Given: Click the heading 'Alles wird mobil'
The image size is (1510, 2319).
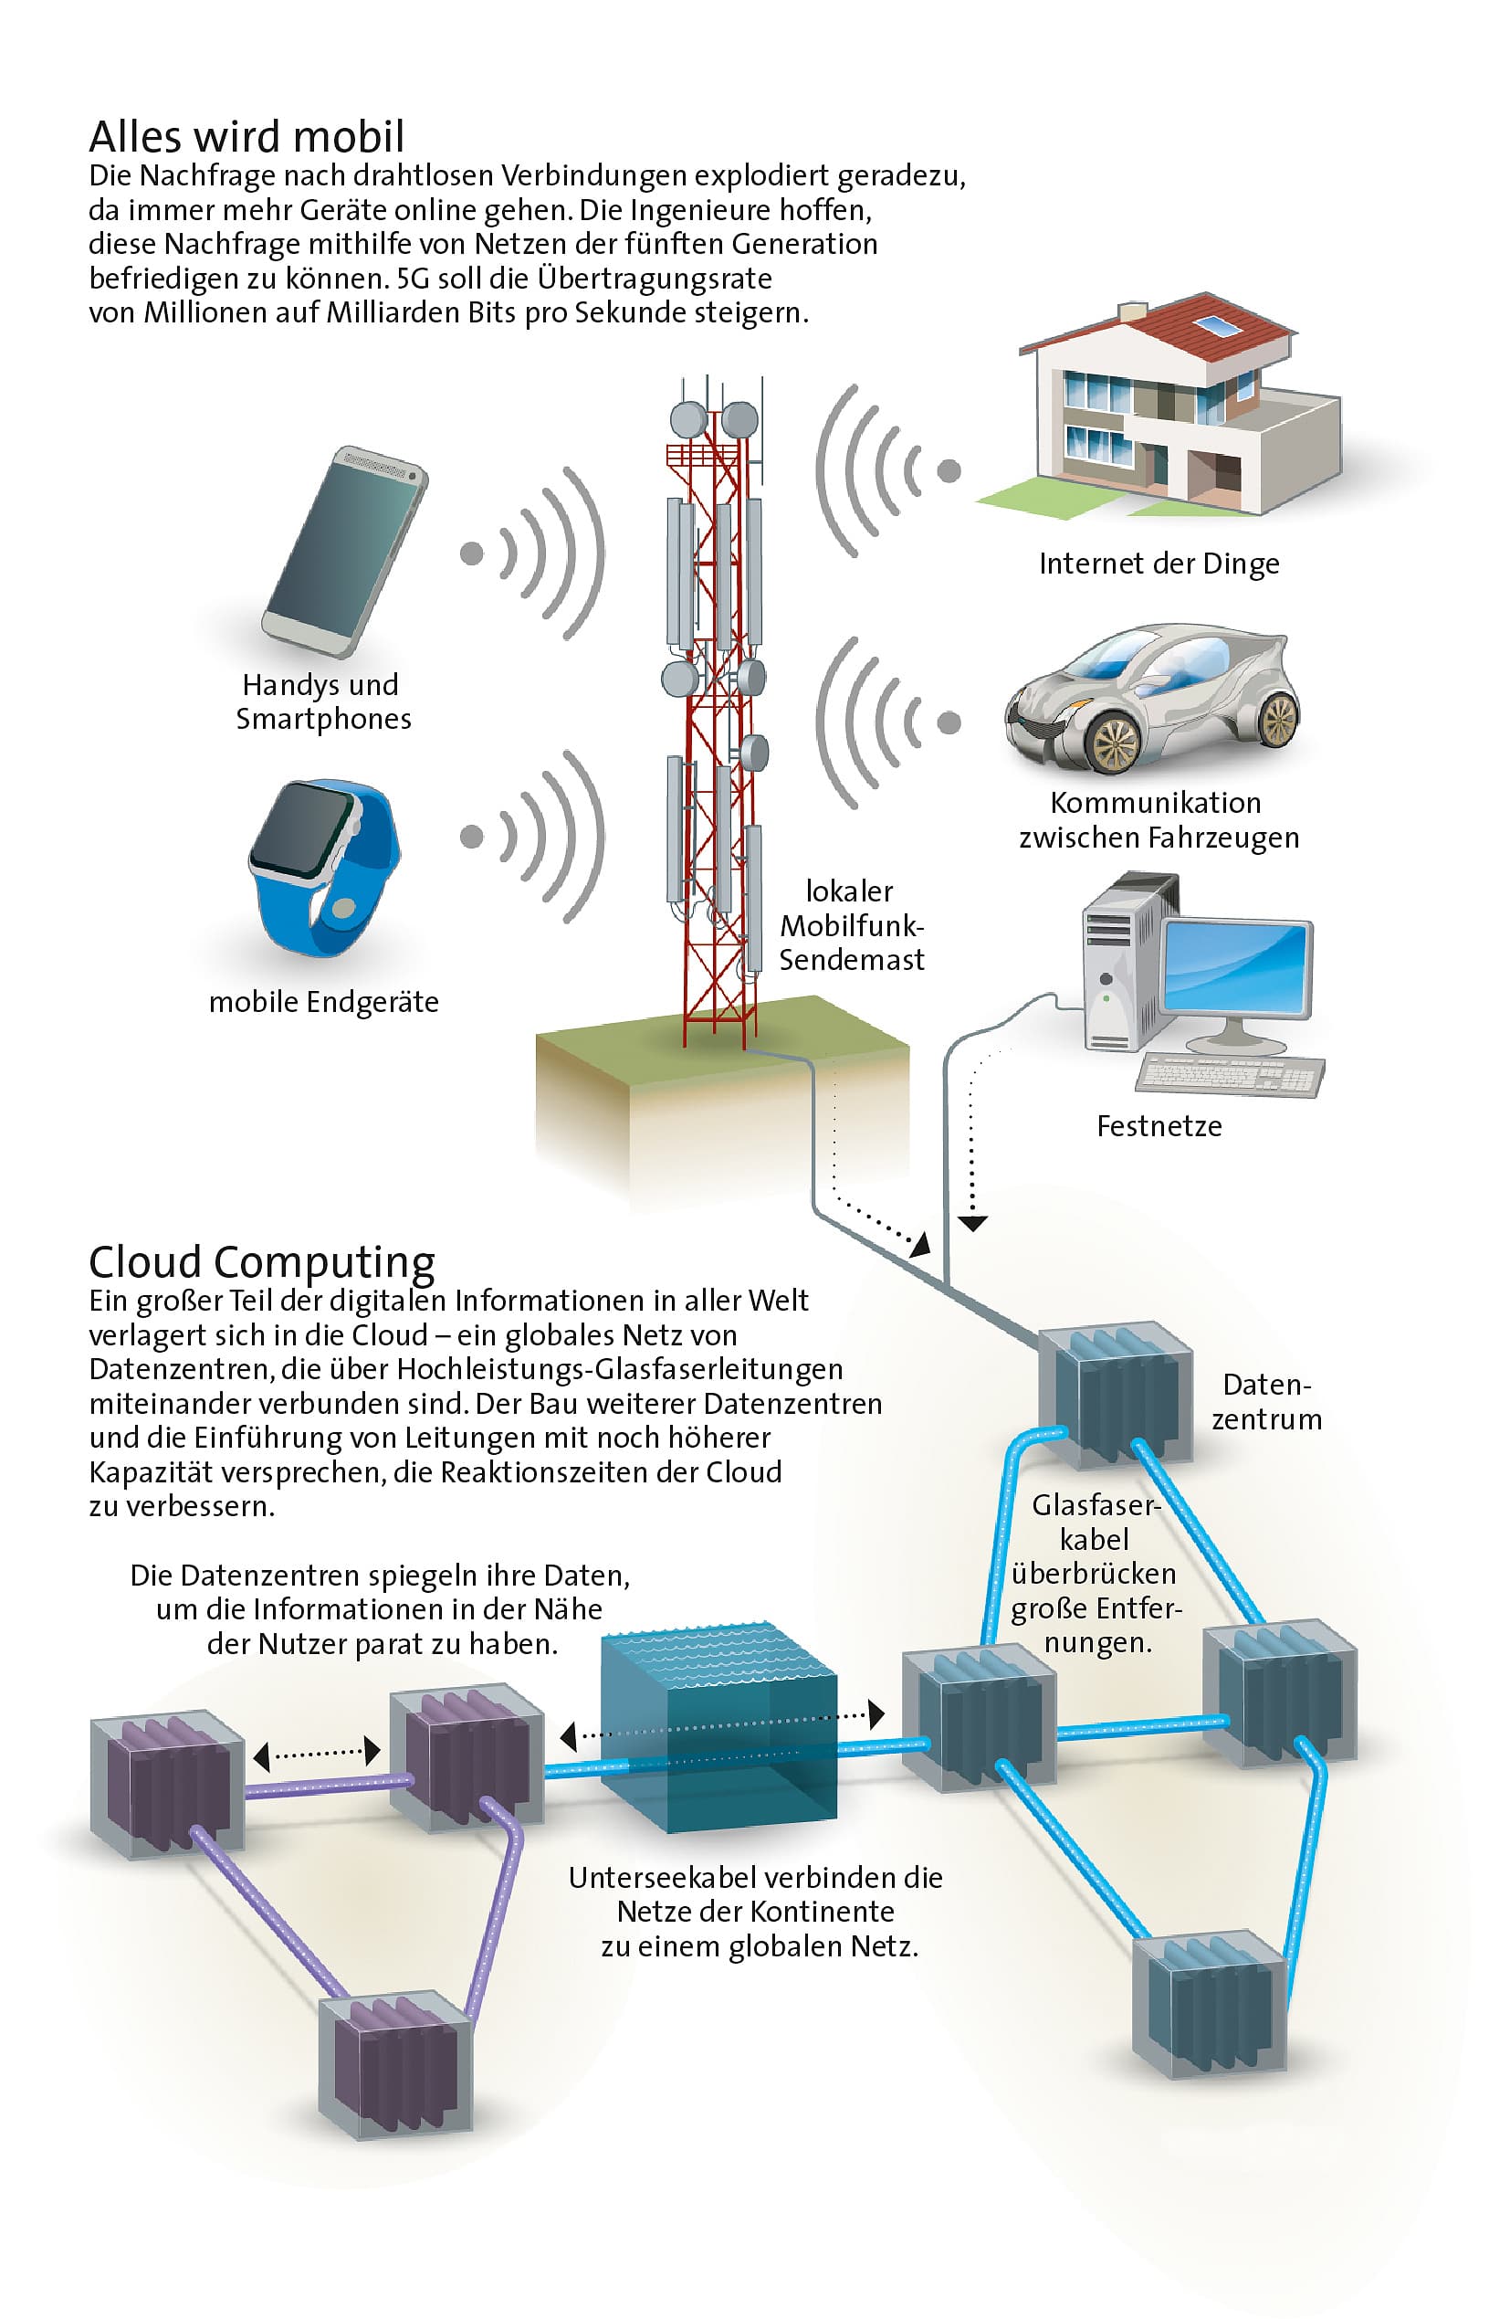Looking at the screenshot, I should (246, 136).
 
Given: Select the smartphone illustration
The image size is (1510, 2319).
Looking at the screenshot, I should (345, 551).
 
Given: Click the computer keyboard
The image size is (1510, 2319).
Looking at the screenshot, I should (1230, 1075).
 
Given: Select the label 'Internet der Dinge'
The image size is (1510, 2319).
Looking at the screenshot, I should (1159, 564).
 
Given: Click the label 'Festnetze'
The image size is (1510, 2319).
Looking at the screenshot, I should (1159, 1126).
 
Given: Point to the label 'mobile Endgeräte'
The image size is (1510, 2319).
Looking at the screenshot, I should (323, 1002).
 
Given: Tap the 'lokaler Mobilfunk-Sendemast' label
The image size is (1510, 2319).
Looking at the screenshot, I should (851, 924).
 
